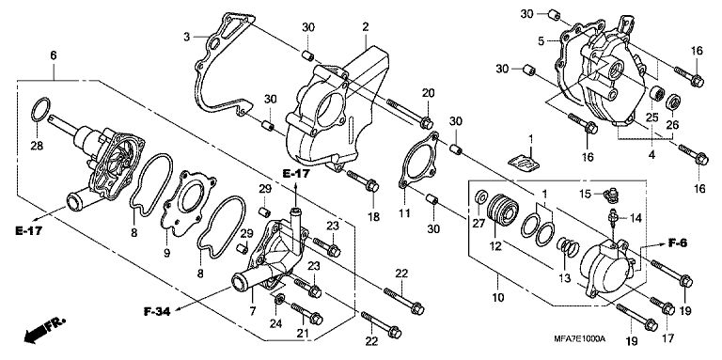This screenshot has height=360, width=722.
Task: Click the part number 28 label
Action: pos(37,146)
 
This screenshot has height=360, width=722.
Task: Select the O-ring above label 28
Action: pos(33,110)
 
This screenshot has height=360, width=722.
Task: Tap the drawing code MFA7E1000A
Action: pos(580,338)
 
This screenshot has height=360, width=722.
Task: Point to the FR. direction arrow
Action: pos(45,330)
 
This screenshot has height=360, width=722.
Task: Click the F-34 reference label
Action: pos(157,312)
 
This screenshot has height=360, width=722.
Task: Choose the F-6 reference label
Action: pos(677,243)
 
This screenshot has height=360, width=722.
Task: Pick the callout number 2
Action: pos(365,27)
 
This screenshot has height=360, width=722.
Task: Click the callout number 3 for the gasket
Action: pos(186,37)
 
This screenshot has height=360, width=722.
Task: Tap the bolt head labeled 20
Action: pos(427,123)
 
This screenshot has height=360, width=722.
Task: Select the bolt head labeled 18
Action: pos(372,186)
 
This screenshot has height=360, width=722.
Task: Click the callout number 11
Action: pos(404,213)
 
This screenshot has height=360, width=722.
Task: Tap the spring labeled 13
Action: pos(568,247)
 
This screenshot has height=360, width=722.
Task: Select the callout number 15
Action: pos(585,195)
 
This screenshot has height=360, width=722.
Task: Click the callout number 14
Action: pos(636,218)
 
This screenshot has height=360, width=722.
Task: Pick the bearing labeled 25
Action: pos(657,94)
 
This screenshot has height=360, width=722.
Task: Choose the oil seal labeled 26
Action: pos(674,102)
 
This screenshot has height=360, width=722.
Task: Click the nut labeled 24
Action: pos(279,300)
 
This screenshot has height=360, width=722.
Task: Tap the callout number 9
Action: pos(166,252)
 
